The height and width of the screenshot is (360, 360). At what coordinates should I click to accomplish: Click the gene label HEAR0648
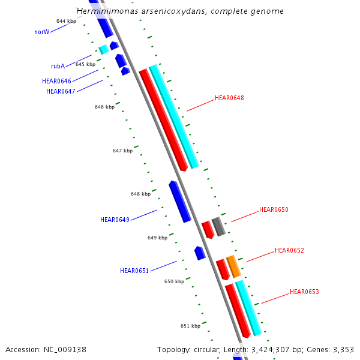pyautogui.click(x=229, y=98)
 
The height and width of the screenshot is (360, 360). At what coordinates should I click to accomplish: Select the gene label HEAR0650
pyautogui.click(x=274, y=210)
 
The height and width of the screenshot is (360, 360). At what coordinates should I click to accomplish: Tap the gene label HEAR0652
pyautogui.click(x=289, y=250)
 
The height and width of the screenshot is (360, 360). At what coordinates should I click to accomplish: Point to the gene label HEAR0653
pyautogui.click(x=304, y=292)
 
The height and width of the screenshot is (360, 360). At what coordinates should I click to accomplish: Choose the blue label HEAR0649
pyautogui.click(x=115, y=220)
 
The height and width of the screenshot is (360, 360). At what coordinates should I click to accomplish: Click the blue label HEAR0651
pyautogui.click(x=134, y=271)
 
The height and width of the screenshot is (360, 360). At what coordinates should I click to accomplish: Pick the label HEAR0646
pyautogui.click(x=56, y=81)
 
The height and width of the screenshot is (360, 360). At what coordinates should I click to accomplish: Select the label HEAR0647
pyautogui.click(x=61, y=91)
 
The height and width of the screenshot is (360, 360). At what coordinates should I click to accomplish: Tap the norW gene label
pyautogui.click(x=41, y=32)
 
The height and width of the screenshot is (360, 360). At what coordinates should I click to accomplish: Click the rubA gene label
pyautogui.click(x=58, y=67)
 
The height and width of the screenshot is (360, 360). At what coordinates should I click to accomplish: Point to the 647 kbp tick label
pyautogui.click(x=122, y=151)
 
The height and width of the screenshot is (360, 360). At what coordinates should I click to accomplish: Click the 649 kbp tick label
pyautogui.click(x=157, y=238)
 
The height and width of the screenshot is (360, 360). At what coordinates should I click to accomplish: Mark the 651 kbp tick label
pyautogui.click(x=190, y=326)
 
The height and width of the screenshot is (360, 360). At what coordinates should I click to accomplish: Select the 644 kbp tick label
pyautogui.click(x=66, y=21)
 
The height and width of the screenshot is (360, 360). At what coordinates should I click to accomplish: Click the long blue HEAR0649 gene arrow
pyautogui.click(x=179, y=202)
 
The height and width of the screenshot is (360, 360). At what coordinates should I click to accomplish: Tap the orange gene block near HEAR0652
pyautogui.click(x=233, y=266)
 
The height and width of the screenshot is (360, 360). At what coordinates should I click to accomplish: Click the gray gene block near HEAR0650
pyautogui.click(x=218, y=227)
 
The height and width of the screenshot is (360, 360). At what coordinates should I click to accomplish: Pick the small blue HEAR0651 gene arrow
pyautogui.click(x=200, y=253)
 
